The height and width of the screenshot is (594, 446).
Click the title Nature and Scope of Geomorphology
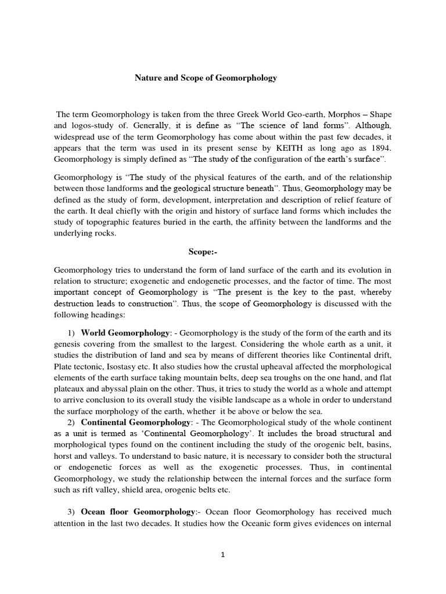206,78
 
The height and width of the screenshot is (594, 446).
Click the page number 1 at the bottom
222,555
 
